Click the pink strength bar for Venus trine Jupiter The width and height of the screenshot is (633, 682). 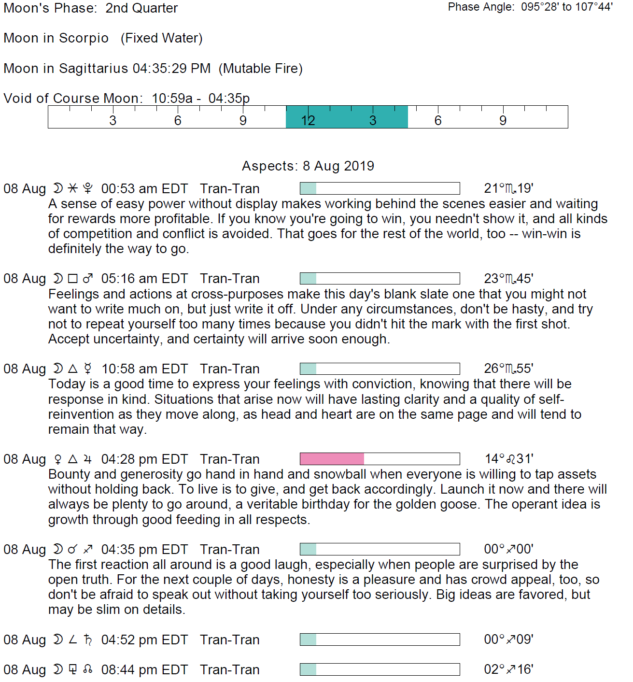pos(332,459)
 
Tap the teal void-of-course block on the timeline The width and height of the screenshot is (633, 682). pos(347,117)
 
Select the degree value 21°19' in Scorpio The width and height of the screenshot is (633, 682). pos(508,188)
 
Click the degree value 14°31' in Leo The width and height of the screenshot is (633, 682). pos(509,459)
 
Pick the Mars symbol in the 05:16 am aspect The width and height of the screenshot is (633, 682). pos(87,279)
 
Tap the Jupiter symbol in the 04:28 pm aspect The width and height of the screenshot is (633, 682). pos(87,459)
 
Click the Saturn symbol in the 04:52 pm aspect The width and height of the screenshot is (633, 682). pos(87,639)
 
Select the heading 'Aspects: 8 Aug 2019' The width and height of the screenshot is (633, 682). pos(308,166)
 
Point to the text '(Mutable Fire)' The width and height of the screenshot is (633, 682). pos(261,69)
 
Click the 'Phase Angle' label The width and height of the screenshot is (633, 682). pos(481,7)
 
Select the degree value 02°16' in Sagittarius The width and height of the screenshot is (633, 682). pos(508,669)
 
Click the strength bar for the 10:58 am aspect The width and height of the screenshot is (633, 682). pos(380,369)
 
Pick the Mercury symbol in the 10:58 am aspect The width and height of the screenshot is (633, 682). pos(87,369)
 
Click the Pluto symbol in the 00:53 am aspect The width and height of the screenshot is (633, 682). pos(87,188)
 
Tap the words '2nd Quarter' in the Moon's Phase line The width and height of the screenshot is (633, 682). pos(141,8)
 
